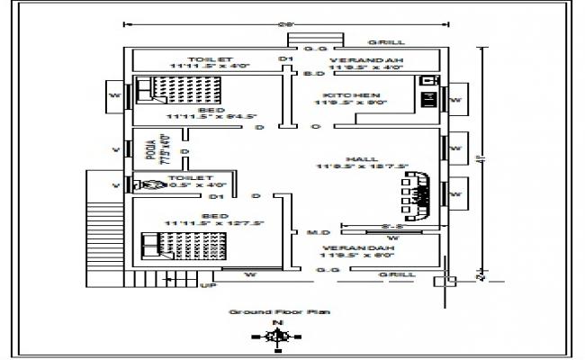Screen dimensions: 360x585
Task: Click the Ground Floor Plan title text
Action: [279, 311]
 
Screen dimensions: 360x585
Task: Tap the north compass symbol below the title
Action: [279, 336]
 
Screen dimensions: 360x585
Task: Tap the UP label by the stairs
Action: [207, 286]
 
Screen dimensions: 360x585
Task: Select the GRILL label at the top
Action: [392, 41]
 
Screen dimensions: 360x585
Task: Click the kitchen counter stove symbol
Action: [427, 93]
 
